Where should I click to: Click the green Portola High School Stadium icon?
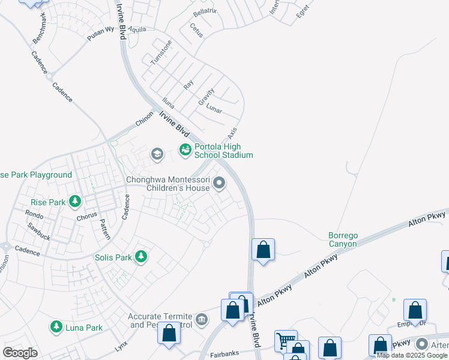point(185,149)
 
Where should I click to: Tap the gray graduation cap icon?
point(157,154)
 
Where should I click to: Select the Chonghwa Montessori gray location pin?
point(220,184)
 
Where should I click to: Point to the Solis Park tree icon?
point(141,257)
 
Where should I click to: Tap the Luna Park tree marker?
point(56,328)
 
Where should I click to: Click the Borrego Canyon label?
point(343,239)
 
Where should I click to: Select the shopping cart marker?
point(286,340)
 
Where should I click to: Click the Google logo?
point(20,353)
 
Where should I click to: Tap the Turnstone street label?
point(161,52)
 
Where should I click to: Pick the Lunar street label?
point(214,109)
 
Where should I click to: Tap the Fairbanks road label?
point(225,355)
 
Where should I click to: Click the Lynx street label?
point(121,347)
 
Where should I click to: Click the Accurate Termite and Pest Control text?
point(160,320)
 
